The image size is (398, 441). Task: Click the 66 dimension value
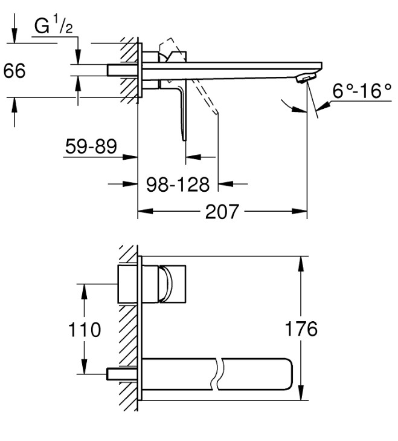coord(14,70)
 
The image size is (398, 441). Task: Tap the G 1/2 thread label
coord(53,25)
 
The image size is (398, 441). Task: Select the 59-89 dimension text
coord(91,146)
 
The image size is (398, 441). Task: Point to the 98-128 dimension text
coord(178,185)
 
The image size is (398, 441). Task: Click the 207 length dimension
coord(222,212)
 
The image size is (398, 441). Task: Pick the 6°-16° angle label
coord(362,91)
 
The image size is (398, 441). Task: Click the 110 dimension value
coord(85,329)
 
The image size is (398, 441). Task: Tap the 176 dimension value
coord(301,328)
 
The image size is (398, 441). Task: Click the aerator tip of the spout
coord(307,78)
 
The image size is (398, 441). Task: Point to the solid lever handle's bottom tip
coord(184,140)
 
